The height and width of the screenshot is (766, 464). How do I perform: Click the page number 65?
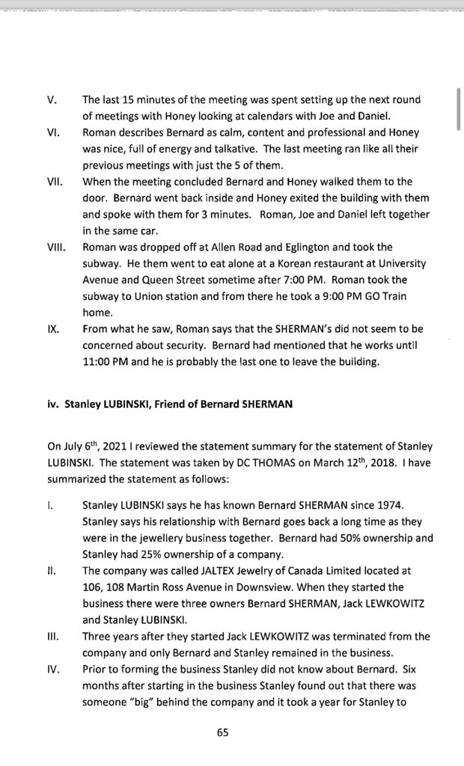(222, 733)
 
